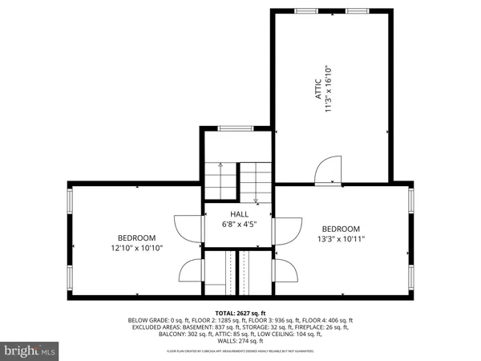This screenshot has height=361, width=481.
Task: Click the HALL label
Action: click(x=239, y=214)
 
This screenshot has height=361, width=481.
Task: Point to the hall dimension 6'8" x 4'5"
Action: click(x=239, y=225)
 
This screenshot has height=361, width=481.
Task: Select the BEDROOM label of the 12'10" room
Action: click(x=137, y=237)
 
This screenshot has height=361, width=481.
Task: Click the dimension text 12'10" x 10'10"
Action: click(x=137, y=248)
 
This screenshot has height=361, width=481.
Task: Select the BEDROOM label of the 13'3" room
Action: click(x=342, y=227)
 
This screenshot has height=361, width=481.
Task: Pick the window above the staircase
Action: click(x=232, y=128)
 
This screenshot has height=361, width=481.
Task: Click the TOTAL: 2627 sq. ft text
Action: click(x=240, y=312)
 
